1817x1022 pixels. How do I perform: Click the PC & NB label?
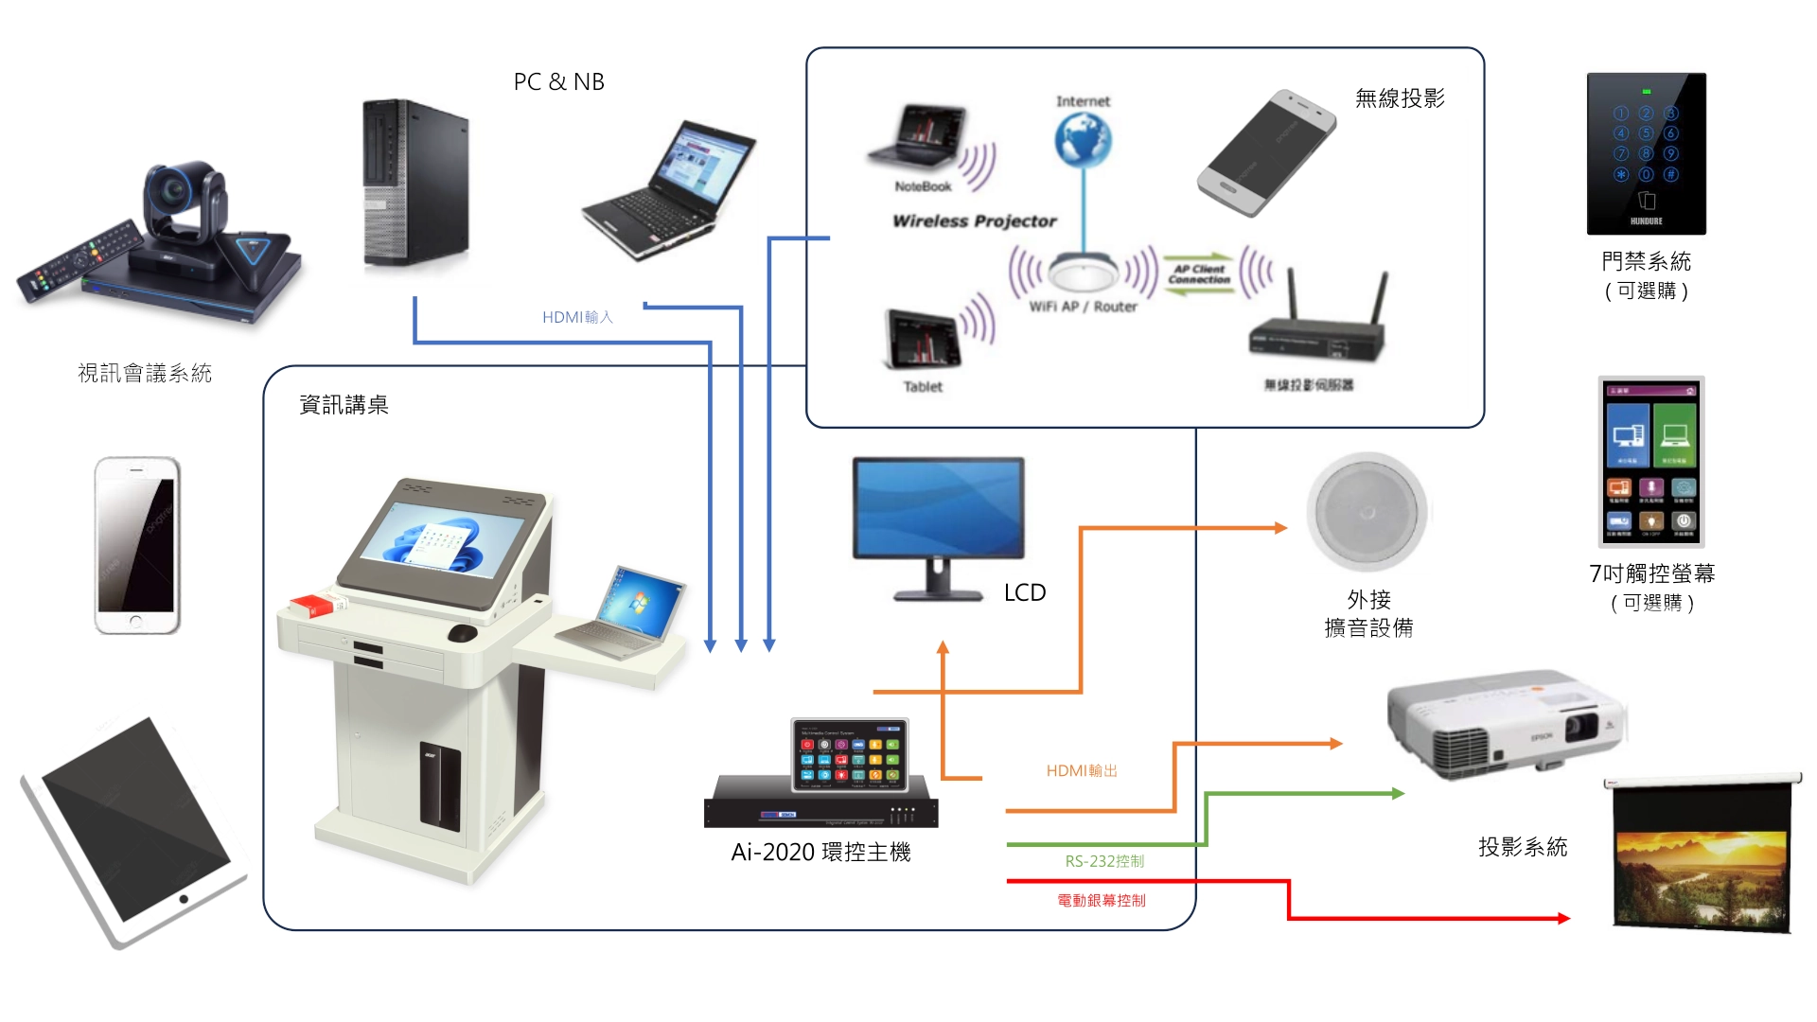click(x=558, y=82)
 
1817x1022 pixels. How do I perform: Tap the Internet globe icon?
click(x=1083, y=139)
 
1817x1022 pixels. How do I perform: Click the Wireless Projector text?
click(x=974, y=220)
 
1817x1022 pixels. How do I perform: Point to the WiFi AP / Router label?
click(x=1083, y=307)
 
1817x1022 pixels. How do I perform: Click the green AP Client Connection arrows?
click(x=1199, y=274)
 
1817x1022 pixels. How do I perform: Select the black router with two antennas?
click(x=1318, y=326)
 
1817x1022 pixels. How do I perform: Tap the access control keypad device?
click(x=1646, y=153)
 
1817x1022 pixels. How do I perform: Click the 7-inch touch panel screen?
click(x=1651, y=462)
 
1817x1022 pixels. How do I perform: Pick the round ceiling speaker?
click(x=1367, y=512)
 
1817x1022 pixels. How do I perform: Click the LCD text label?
click(x=1025, y=593)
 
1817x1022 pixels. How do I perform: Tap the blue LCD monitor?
click(x=938, y=511)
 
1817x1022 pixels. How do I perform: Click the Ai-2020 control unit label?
click(x=820, y=853)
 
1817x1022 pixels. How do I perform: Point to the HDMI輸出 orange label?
click(x=1082, y=771)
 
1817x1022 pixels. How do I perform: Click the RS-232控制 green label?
click(x=1104, y=861)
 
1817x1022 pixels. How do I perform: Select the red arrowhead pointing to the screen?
click(x=1562, y=918)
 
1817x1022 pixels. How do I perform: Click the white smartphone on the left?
click(x=137, y=545)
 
